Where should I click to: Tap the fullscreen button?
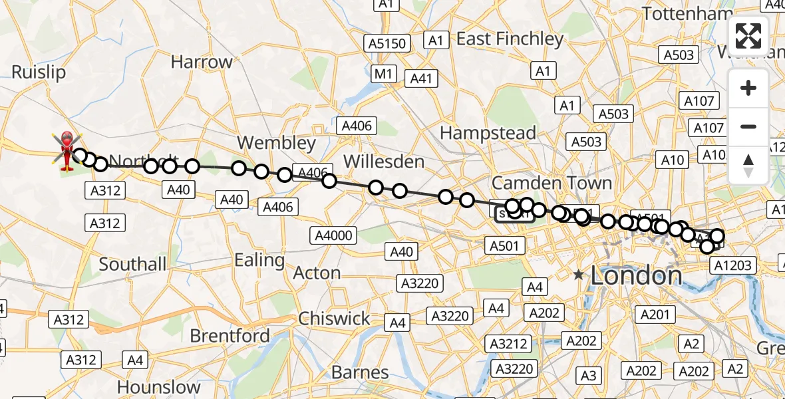pos(748,37)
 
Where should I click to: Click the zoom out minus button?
pos(748,126)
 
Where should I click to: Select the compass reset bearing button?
pos(748,165)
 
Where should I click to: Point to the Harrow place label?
pos(202,62)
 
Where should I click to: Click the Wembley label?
pos(276,143)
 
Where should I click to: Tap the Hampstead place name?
pos(488,133)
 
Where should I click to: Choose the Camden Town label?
pos(551,183)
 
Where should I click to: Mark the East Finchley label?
pos(510,39)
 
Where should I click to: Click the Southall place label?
pos(133,264)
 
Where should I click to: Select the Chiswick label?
pos(334,319)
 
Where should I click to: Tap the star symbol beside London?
pos(579,274)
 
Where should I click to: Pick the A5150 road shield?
pos(386,44)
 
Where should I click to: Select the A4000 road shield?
pos(335,235)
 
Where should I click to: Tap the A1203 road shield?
pos(733,265)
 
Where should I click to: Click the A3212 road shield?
pos(509,344)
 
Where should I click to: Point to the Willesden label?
pos(383,162)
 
